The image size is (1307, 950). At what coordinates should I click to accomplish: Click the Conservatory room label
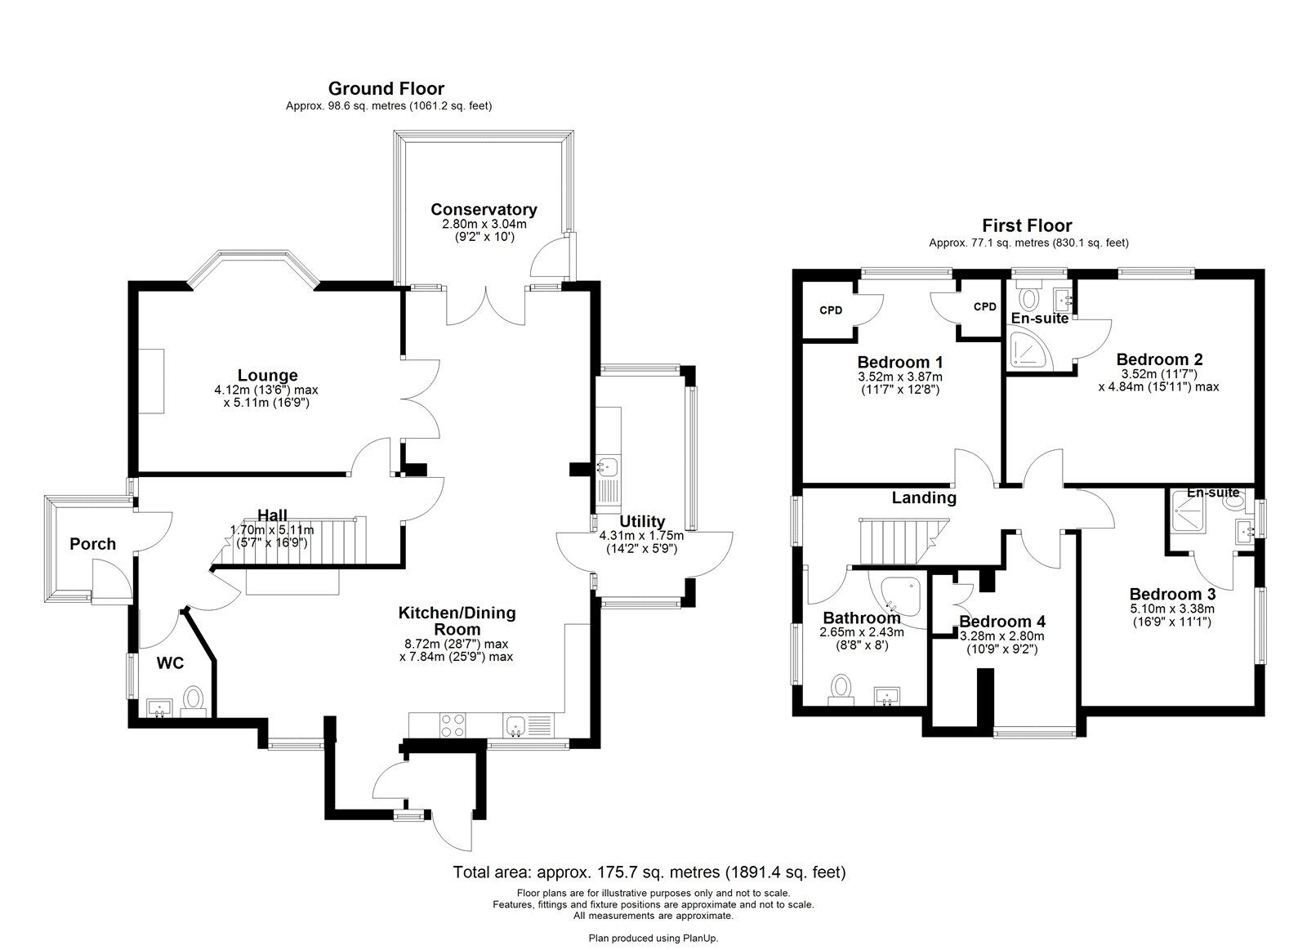[484, 209]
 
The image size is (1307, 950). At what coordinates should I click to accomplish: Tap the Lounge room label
[267, 375]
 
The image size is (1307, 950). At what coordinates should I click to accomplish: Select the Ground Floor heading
[386, 88]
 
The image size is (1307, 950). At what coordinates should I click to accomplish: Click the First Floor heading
[1027, 225]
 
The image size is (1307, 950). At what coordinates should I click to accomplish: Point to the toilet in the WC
[193, 701]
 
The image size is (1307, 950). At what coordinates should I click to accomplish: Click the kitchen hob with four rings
[453, 725]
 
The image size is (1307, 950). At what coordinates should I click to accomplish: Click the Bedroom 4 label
[1001, 622]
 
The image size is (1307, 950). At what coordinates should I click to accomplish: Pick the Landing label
[924, 497]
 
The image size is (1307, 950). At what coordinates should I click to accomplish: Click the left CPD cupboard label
[831, 310]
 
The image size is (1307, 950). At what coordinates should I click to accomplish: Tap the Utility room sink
[608, 467]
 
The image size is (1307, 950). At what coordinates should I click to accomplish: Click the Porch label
[93, 544]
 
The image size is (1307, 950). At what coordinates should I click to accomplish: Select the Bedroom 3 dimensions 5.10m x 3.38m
[1172, 609]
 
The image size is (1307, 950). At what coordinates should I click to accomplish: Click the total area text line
[649, 872]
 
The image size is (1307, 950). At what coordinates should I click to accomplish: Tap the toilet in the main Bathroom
[841, 689]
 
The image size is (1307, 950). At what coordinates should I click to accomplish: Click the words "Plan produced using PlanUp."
[653, 939]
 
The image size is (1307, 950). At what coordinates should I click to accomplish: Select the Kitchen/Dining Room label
[457, 621]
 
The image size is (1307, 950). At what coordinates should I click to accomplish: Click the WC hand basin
[158, 708]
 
